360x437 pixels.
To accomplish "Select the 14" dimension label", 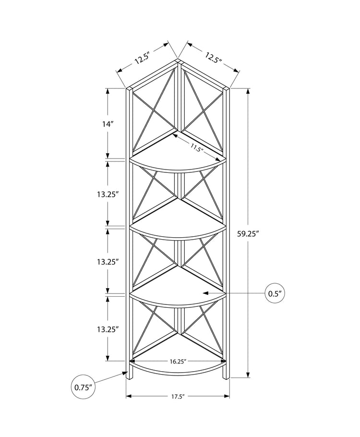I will point(108,123).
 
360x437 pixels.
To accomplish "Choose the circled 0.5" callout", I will point(275,292).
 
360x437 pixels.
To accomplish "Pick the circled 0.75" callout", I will point(83,387).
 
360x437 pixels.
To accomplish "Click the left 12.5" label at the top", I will point(143,58).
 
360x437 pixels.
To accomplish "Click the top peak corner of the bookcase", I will point(178,61).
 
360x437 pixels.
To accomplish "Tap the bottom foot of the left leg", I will point(128,377).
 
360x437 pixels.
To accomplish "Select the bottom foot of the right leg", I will point(227,377).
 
